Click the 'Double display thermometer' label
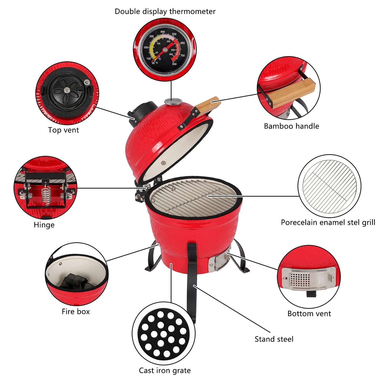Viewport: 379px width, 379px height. point(165,12)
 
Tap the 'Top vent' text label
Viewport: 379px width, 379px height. point(63,130)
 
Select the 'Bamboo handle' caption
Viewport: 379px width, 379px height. point(291,126)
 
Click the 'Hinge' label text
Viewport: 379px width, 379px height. point(44,225)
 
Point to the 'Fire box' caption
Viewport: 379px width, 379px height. point(76,312)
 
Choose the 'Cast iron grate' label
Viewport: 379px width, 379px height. point(165,370)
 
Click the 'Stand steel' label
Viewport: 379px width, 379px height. point(274,339)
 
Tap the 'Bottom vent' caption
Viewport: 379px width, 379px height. point(309,314)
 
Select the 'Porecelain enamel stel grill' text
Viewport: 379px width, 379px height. point(328,222)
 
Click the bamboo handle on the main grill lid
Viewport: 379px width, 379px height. point(208,105)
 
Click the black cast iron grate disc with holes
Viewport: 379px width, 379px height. point(164,333)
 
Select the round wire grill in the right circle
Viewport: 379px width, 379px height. point(329,186)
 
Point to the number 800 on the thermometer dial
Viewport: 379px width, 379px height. point(174,64)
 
